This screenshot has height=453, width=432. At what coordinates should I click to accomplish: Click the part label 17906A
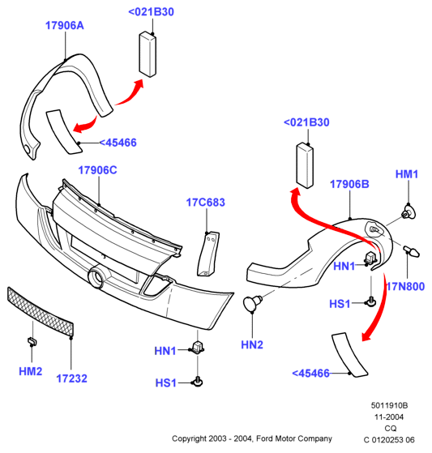click(x=65, y=25)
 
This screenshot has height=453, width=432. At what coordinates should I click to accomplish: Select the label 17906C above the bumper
click(x=98, y=170)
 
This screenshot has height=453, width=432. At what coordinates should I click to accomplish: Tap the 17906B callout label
click(x=349, y=184)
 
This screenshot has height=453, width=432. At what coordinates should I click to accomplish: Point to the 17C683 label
click(x=205, y=203)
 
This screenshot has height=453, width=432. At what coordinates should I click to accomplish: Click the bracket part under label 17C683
click(x=208, y=254)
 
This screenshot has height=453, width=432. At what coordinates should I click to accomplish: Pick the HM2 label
click(x=31, y=371)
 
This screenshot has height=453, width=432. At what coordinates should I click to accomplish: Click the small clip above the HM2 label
click(x=32, y=341)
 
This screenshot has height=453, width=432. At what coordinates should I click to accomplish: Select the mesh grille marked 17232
click(x=40, y=311)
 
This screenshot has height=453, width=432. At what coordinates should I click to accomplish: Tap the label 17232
click(x=71, y=378)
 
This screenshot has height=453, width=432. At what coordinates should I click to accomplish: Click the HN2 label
click(x=252, y=344)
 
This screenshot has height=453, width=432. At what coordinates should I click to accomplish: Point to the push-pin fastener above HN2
click(x=252, y=302)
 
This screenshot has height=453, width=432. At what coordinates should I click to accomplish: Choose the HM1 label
click(x=407, y=174)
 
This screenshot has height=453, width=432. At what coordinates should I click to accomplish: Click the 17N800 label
click(x=406, y=286)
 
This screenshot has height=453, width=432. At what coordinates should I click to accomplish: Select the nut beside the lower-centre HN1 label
click(x=198, y=346)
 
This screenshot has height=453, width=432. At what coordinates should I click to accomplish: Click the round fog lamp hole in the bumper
click(x=97, y=277)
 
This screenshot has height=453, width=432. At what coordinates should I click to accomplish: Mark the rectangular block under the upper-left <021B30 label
click(x=148, y=54)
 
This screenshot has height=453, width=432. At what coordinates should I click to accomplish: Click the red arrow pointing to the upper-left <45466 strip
click(x=86, y=125)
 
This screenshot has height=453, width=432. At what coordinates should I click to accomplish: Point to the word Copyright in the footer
click(x=189, y=438)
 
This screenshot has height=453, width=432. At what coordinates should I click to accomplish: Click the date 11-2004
click(x=389, y=417)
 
